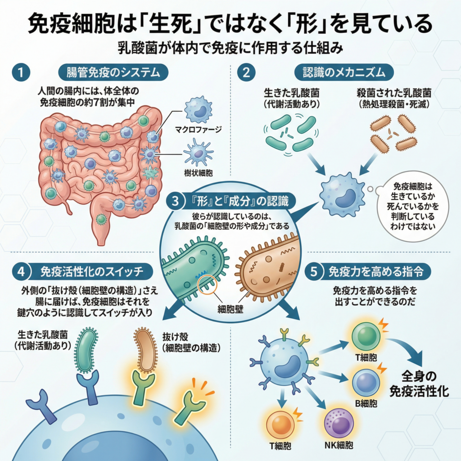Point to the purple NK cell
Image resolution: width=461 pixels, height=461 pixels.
[x=338, y=423]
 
